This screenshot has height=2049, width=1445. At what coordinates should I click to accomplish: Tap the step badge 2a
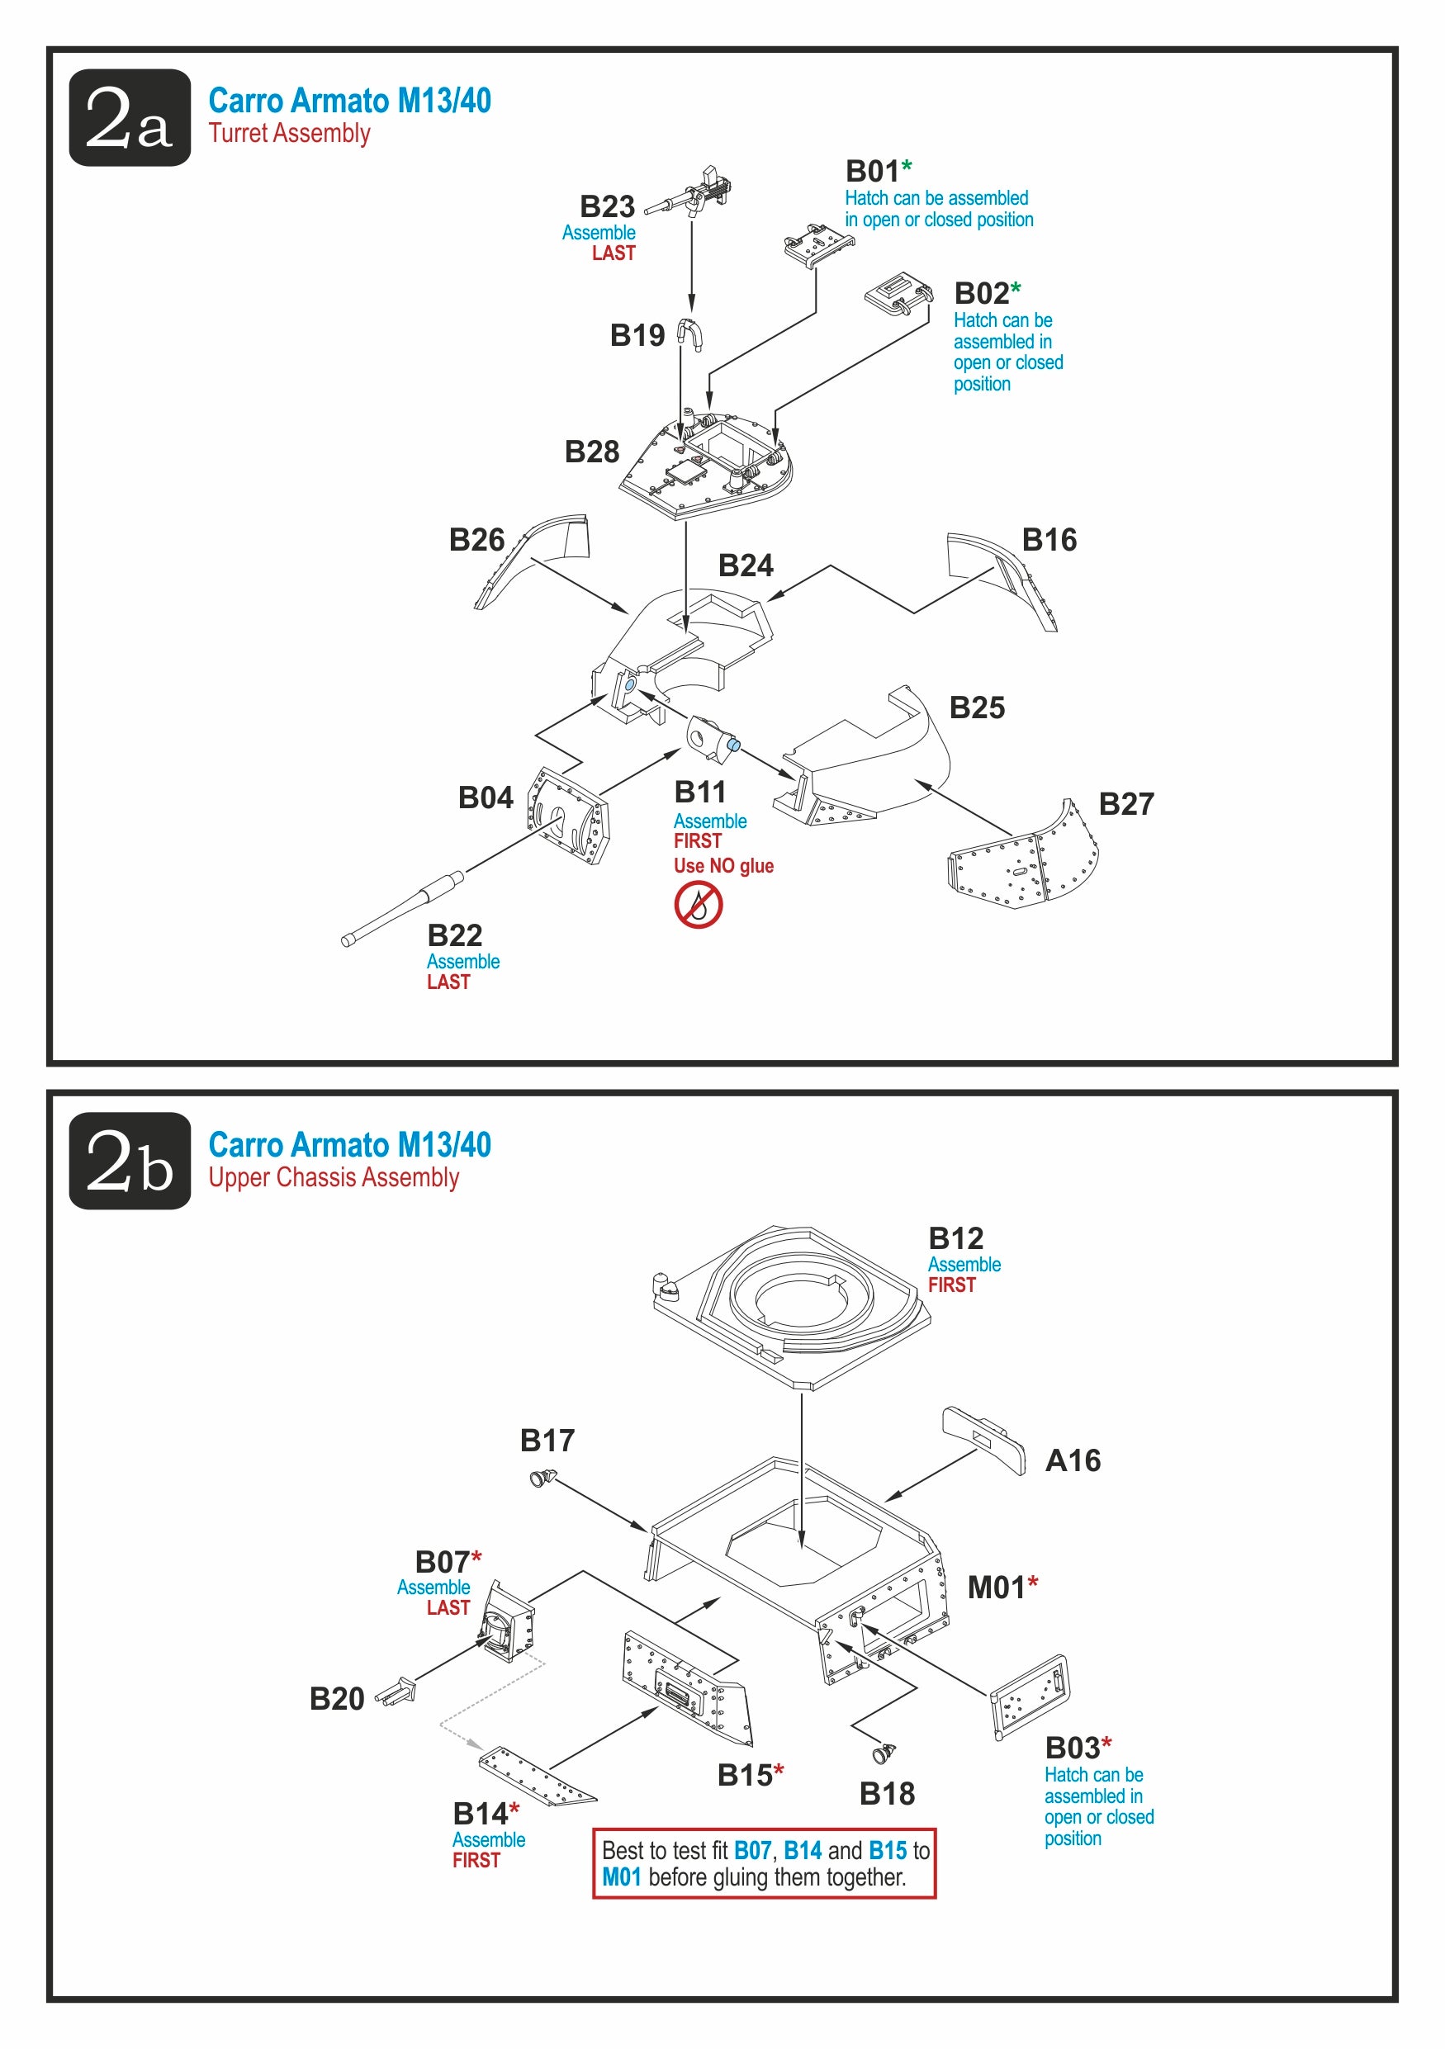point(130,118)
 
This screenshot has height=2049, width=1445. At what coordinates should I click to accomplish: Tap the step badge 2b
point(130,1160)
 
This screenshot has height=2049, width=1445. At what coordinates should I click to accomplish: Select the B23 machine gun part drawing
point(693,192)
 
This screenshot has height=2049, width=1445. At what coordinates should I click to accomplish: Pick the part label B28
point(592,452)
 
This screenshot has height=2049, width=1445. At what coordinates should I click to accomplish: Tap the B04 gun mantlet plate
point(569,815)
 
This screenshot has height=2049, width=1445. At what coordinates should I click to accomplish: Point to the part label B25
point(977,707)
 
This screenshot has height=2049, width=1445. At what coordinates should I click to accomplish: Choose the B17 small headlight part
point(542,1479)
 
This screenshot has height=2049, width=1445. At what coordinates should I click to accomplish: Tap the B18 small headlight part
point(884,1753)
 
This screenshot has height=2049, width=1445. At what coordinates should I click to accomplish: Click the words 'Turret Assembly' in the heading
point(289,134)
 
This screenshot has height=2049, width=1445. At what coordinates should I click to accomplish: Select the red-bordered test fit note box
point(764,1863)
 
